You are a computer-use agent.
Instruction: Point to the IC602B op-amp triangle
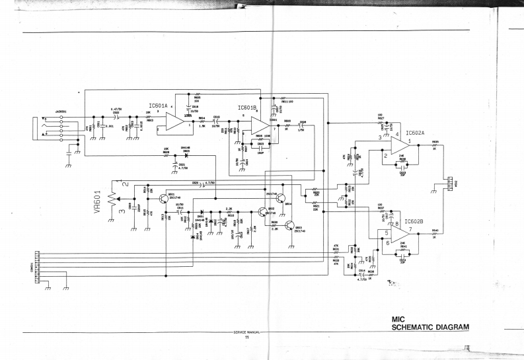[x=400, y=232]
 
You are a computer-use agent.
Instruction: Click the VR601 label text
[x=97, y=196]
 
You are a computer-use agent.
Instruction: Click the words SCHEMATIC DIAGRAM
[x=430, y=328]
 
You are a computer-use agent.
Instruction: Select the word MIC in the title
[x=398, y=319]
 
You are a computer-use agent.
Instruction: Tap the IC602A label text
[x=415, y=132]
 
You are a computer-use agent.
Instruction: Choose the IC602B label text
[x=414, y=221]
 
